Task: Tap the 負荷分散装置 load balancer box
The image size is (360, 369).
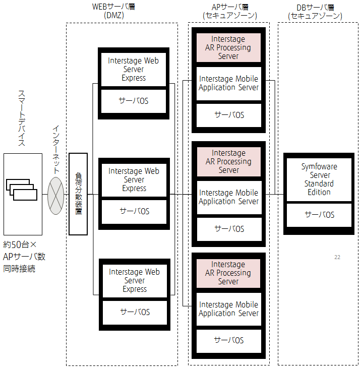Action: pos(78,194)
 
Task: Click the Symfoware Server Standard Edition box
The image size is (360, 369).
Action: pos(319,179)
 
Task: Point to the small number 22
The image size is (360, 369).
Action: pos(337,257)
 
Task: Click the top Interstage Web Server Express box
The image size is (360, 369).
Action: pos(134,69)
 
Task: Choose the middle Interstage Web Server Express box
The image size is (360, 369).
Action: pos(134,180)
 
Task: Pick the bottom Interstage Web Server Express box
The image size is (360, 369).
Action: pos(134,281)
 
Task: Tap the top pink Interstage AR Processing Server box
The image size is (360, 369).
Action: pos(228,48)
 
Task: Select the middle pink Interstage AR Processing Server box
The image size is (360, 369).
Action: pos(228,162)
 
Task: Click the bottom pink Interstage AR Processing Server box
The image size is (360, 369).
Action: pos(228,273)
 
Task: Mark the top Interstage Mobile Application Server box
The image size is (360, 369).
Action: pos(228,83)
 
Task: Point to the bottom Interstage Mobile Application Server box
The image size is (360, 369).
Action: pos(228,309)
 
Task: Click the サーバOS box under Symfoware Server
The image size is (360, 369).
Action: pos(319,215)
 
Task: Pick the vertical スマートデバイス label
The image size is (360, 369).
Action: pos(22,118)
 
